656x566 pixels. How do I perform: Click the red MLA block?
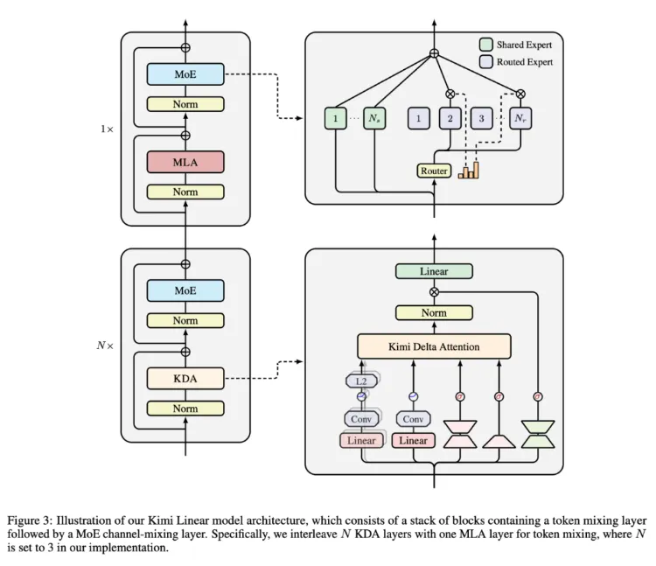coord(185,162)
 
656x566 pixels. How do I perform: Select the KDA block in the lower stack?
coord(185,378)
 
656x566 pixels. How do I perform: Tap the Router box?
coord(434,171)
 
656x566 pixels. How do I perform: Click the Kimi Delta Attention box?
coord(434,346)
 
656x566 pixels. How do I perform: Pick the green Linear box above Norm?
coord(434,271)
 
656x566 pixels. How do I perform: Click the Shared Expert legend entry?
coord(516,44)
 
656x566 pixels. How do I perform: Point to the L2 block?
coord(360,381)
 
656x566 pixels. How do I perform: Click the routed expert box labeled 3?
coord(478,117)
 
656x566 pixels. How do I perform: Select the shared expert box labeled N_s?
coord(374,117)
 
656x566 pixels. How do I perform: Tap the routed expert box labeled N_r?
coord(520,117)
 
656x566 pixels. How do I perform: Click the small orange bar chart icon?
coord(469,169)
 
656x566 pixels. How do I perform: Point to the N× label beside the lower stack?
coord(106,346)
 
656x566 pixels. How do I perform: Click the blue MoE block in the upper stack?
coord(185,74)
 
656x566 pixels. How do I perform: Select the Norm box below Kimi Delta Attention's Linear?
coord(434,312)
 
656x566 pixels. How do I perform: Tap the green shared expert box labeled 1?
coord(336,117)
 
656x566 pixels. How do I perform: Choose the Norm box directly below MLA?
coord(185,192)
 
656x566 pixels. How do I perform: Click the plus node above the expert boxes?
coord(434,54)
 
